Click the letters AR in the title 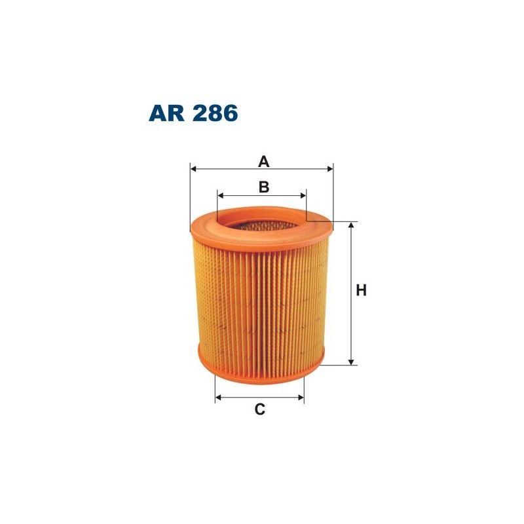click(167, 113)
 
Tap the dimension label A click(263, 160)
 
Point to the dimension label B click(263, 187)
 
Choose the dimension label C click(260, 410)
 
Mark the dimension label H click(361, 290)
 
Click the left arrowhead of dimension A click(194, 168)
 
